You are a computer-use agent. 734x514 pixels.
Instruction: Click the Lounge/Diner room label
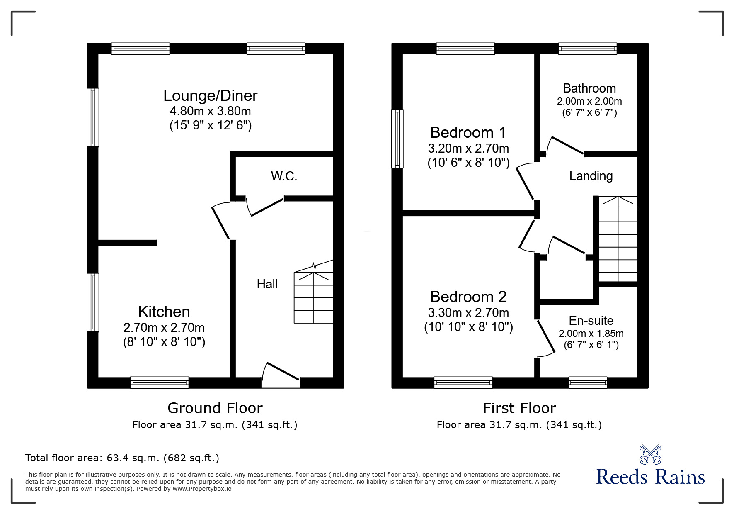tap(210, 96)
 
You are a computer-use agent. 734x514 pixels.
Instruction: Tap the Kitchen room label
tap(164, 312)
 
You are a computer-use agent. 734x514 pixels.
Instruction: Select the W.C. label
tap(284, 176)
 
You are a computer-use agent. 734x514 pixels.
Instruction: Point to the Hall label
tap(267, 284)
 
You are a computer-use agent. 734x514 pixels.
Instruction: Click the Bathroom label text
tap(589, 88)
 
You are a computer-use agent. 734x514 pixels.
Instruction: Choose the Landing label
tap(591, 176)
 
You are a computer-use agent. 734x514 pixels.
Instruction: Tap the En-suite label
tap(591, 320)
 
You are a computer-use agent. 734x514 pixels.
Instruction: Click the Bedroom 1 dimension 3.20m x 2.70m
tap(468, 148)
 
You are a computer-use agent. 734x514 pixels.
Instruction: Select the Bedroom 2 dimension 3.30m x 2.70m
tap(468, 312)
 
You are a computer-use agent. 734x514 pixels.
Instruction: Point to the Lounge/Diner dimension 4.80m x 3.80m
tap(210, 111)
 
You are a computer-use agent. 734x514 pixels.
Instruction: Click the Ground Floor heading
tap(215, 408)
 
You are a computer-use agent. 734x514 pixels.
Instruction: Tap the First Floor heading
tap(519, 408)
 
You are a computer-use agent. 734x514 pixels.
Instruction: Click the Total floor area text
tap(122, 458)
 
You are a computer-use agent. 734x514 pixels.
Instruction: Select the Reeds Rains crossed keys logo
tap(650, 455)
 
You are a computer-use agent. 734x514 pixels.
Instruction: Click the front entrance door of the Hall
tap(281, 375)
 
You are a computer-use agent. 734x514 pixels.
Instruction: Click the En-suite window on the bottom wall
tap(588, 382)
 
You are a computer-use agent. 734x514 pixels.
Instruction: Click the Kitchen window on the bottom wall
tap(160, 382)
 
